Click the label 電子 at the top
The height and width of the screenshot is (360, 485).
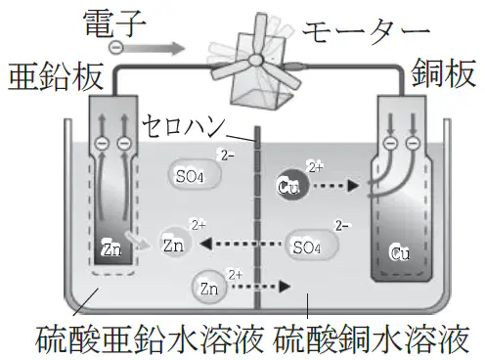(114, 23)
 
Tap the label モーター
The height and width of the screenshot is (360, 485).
(366, 31)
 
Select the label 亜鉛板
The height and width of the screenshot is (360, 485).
(56, 77)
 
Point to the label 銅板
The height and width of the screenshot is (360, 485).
(443, 73)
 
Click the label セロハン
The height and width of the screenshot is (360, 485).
(184, 125)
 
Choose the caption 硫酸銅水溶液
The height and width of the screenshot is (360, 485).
(372, 339)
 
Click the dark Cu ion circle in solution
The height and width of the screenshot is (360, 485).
(291, 185)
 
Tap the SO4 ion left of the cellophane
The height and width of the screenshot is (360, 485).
(195, 175)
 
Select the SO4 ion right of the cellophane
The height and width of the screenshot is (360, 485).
(312, 246)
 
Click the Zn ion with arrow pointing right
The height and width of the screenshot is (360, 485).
(209, 287)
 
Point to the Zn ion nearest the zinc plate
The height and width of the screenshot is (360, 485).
(175, 243)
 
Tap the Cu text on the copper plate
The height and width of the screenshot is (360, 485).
(400, 251)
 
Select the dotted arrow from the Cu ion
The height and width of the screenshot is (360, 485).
(335, 186)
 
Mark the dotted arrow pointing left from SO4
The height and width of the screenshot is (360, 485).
(241, 244)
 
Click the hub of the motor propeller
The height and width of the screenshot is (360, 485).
(255, 60)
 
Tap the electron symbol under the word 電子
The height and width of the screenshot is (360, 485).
(115, 48)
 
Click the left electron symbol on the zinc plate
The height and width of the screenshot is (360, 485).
(102, 144)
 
